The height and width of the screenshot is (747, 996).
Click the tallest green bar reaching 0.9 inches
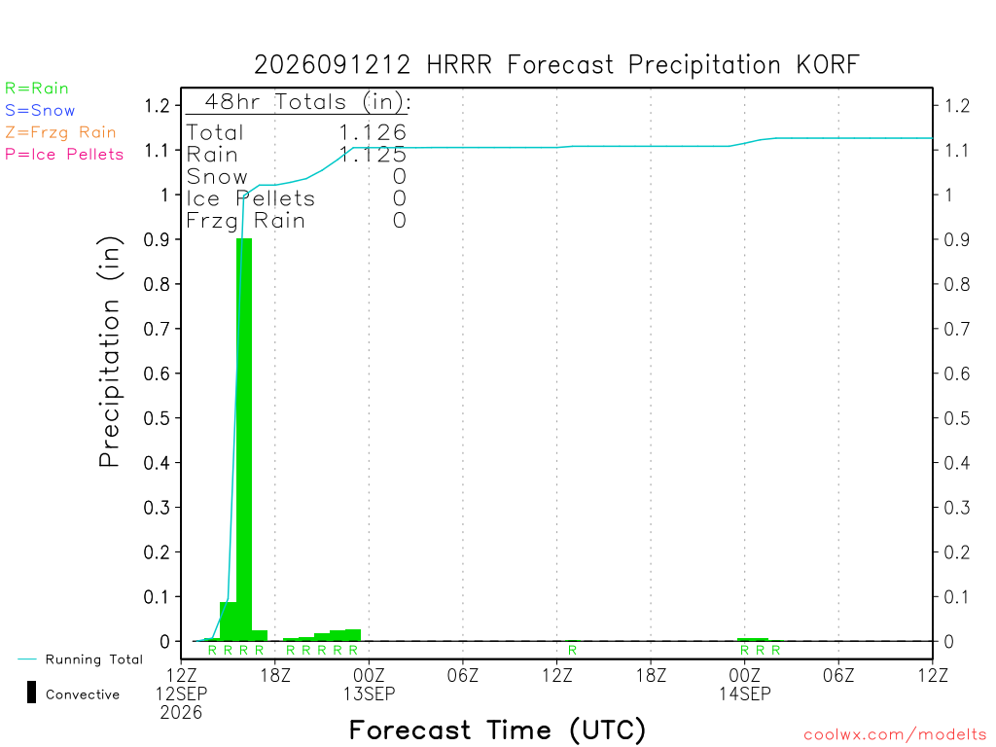pos(244,440)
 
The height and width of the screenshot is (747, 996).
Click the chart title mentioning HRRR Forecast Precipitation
pos(556,65)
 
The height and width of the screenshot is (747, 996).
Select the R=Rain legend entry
pos(37,89)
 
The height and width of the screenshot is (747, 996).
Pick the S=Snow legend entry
pos(40,111)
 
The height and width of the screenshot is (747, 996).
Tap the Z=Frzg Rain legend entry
pos(60,132)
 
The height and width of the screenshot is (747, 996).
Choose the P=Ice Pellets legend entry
pos(64,155)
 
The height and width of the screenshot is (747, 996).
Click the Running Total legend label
pos(94,659)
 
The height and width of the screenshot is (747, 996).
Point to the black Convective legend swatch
pos(31,693)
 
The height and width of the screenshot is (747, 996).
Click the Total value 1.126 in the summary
pos(373,132)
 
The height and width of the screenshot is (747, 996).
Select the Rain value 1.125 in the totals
pos(373,155)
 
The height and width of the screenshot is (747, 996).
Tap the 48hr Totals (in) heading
pos(307,101)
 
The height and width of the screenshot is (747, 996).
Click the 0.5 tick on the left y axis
pos(157,418)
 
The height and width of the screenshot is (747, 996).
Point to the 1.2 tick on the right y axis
pos(957,106)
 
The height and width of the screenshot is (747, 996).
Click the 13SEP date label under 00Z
pos(369,694)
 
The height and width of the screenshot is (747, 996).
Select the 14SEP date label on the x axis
pos(745,694)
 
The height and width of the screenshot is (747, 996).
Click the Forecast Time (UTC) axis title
pos(497,730)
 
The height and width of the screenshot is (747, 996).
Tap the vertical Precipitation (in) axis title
pos(109,352)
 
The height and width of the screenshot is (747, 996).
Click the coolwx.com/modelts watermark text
pos(895,735)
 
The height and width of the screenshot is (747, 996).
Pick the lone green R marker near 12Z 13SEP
pos(572,650)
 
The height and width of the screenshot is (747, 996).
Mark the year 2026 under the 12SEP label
pos(181,713)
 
